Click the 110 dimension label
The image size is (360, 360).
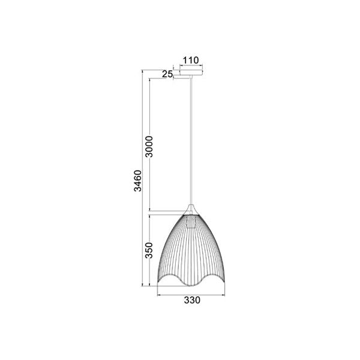click(x=191, y=60)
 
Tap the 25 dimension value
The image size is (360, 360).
click(x=167, y=74)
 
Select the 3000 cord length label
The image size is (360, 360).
click(x=149, y=146)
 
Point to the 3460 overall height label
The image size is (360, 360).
click(x=138, y=181)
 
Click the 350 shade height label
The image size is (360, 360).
click(x=149, y=250)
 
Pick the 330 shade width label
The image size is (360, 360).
click(x=192, y=300)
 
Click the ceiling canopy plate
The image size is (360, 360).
click(x=191, y=72)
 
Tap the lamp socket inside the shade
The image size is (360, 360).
click(x=191, y=221)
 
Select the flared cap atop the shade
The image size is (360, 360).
click(x=191, y=209)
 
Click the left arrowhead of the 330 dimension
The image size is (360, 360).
click(x=158, y=295)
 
